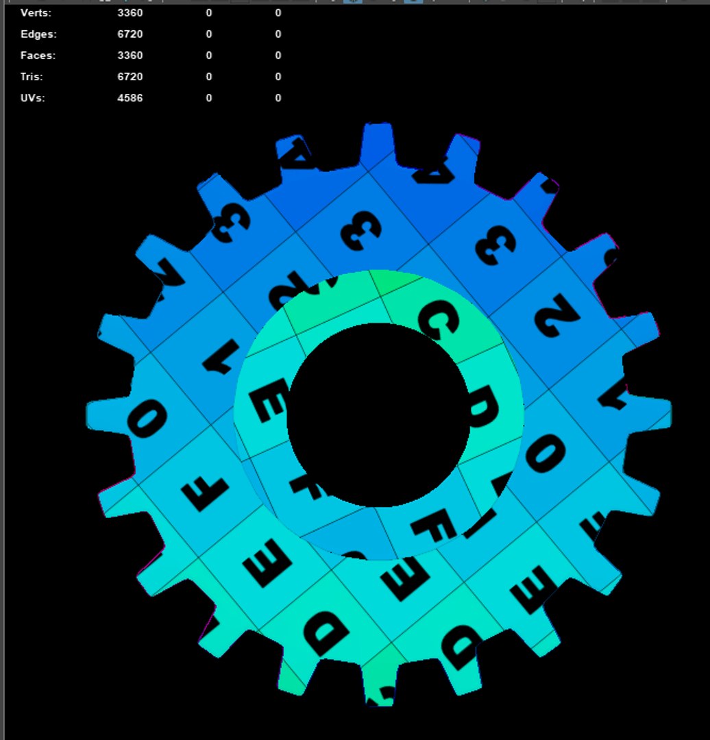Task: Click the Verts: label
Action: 36,13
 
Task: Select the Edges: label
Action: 38,34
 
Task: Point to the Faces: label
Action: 38,56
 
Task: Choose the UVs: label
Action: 32,98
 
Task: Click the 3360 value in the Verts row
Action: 130,13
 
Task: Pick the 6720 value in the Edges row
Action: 130,34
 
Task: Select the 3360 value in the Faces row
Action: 130,56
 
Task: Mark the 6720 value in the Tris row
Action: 130,77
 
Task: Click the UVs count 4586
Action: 130,98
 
